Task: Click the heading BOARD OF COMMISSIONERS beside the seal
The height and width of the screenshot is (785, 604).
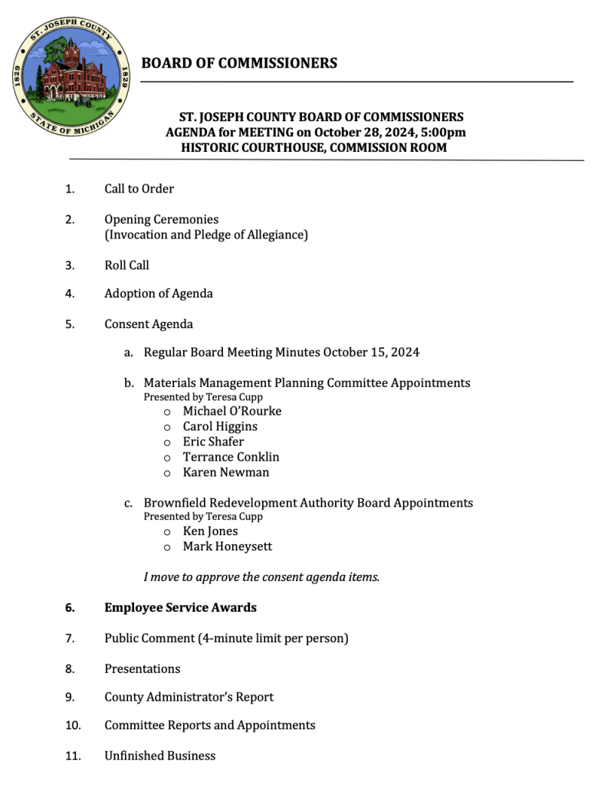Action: click(239, 63)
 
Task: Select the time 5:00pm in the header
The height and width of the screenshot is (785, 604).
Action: click(447, 132)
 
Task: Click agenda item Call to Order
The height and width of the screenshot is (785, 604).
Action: click(139, 189)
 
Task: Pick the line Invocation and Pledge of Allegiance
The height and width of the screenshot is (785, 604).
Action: click(206, 235)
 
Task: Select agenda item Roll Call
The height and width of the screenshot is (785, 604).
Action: click(126, 265)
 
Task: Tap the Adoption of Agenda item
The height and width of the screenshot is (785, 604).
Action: click(159, 294)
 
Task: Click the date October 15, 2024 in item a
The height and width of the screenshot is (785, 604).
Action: click(371, 353)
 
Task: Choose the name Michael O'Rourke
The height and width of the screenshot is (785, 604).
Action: click(231, 411)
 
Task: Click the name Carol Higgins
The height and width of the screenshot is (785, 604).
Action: click(220, 426)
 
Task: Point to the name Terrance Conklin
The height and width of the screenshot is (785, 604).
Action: click(231, 457)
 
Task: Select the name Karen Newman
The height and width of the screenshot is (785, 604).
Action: click(226, 472)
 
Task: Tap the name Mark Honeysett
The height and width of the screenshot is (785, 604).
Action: click(227, 547)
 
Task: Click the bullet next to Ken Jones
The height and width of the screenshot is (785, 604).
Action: click(166, 532)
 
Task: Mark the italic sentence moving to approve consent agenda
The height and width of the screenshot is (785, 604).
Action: click(261, 576)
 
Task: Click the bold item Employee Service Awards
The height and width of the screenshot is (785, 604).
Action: click(180, 608)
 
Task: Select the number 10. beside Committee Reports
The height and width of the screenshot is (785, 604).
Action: click(73, 725)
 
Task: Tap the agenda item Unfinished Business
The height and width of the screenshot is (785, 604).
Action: click(159, 756)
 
